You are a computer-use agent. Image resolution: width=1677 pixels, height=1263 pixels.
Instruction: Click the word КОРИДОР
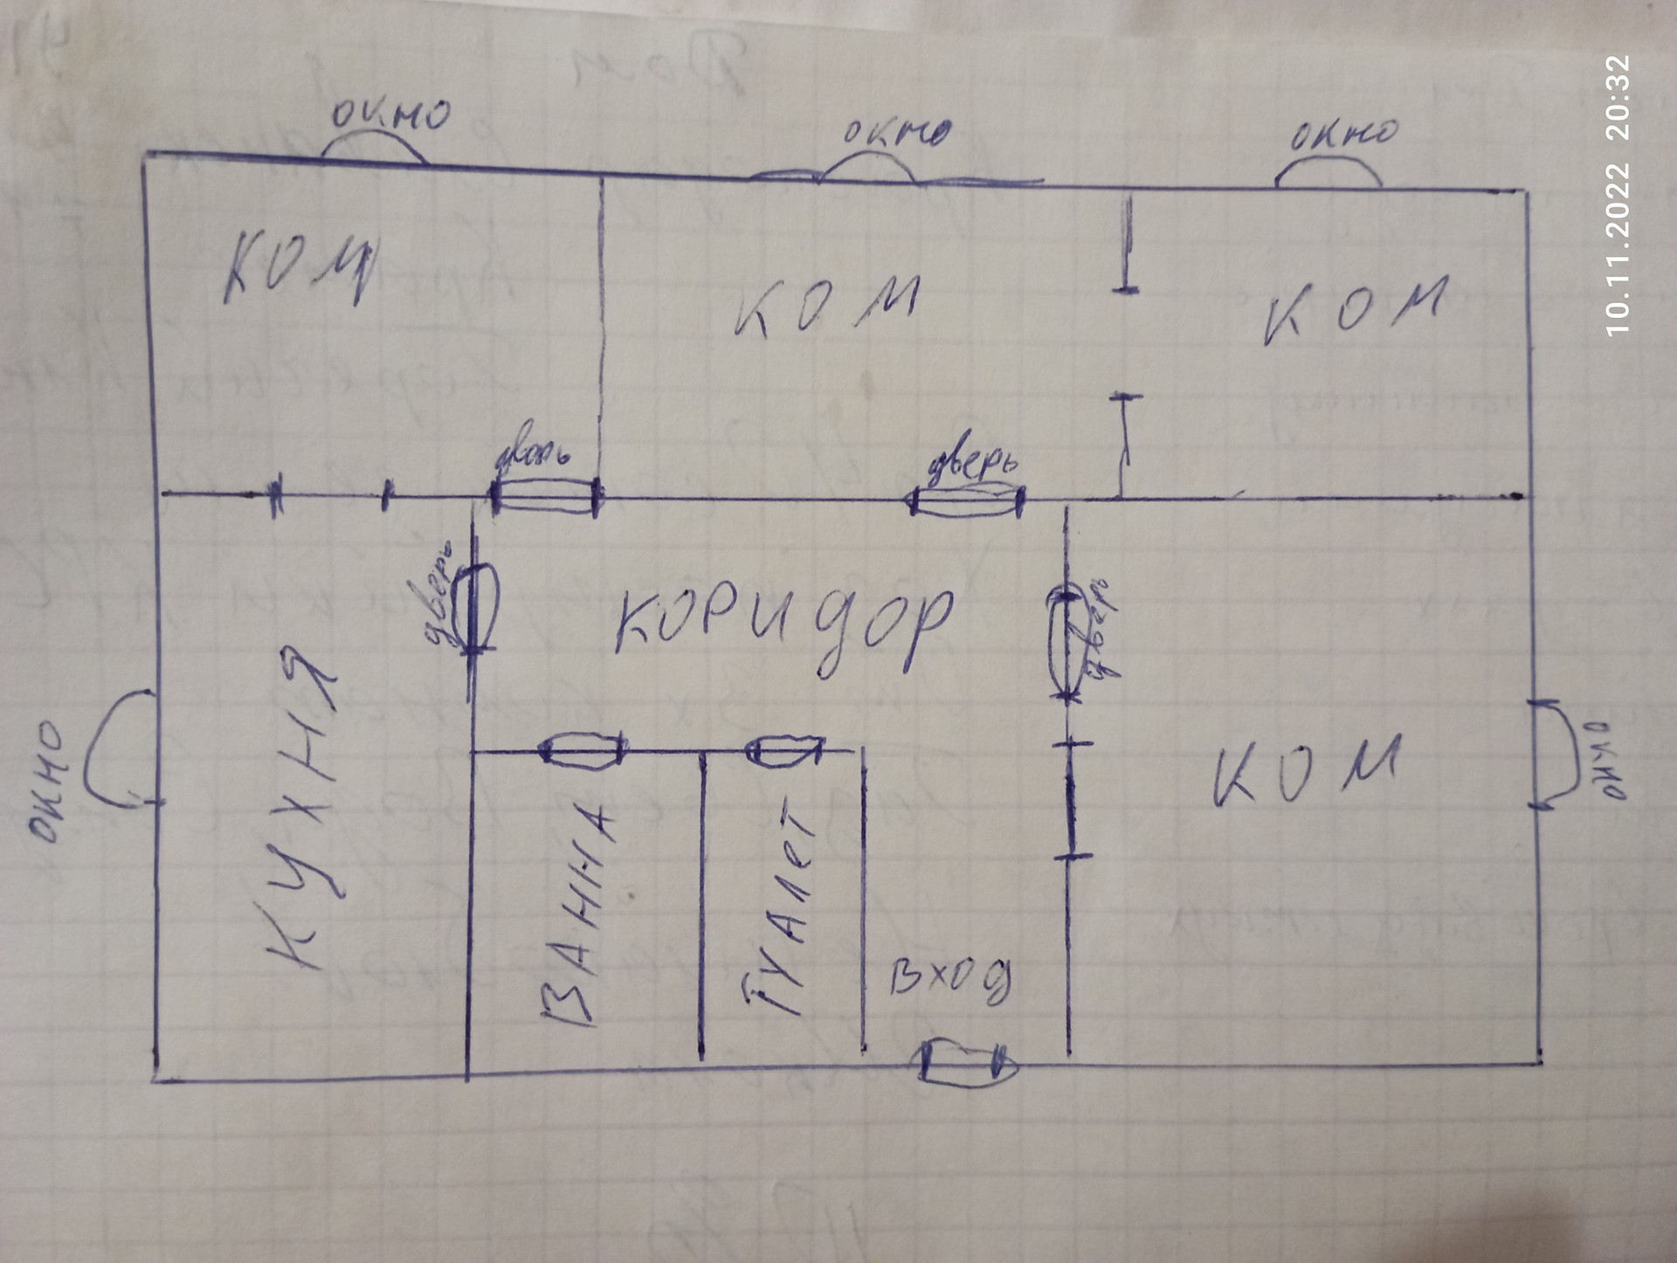pyautogui.click(x=782, y=625)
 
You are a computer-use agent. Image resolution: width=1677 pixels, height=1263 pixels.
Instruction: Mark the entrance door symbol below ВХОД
pyautogui.click(x=968, y=1063)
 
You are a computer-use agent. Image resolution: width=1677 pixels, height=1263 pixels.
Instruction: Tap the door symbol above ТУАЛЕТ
pyautogui.click(x=784, y=750)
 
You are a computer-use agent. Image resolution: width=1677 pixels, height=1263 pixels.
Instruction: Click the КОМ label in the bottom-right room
pyautogui.click(x=1306, y=769)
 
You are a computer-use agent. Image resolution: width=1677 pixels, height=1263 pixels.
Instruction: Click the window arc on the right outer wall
pyautogui.click(x=1555, y=755)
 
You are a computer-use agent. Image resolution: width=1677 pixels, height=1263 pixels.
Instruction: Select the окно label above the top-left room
pyautogui.click(x=390, y=116)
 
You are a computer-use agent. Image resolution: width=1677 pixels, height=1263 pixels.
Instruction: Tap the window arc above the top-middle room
pyautogui.click(x=868, y=166)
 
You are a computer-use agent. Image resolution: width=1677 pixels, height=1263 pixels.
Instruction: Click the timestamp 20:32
pyautogui.click(x=1618, y=98)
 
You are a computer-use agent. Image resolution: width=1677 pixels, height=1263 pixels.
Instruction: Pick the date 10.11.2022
pyautogui.click(x=1618, y=248)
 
